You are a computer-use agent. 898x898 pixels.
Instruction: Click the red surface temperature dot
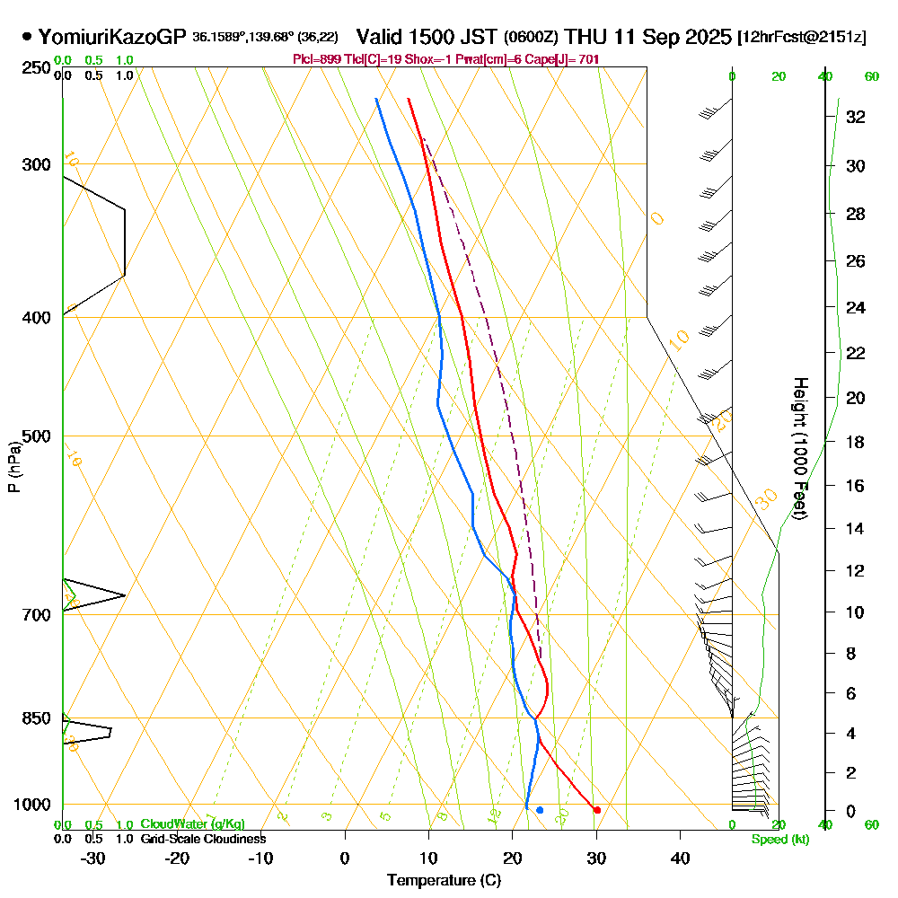pos(597,810)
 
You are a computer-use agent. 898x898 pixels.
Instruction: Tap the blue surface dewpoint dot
pos(540,810)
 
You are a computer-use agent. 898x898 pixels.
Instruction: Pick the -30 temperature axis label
pos(93,858)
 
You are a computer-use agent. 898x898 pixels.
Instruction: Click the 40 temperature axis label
pos(680,858)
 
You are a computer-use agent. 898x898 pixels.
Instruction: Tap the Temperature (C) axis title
pos(444,881)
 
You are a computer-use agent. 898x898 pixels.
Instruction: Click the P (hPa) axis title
pos(13,466)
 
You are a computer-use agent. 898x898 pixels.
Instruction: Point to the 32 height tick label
pos(855,117)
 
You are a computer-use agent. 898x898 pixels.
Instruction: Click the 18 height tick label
pos(855,442)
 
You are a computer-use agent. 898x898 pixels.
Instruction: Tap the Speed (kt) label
pos(779,840)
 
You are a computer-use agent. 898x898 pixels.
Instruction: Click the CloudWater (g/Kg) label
pos(192,824)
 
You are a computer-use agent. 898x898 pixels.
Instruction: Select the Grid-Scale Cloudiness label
pos(202,839)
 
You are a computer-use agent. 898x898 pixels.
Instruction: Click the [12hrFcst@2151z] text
pos(801,37)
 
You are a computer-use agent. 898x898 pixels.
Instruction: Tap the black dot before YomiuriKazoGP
pos(27,37)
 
